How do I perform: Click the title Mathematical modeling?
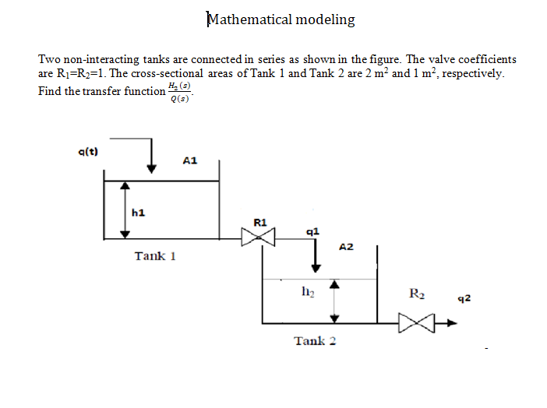(x=281, y=19)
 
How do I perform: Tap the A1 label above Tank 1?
(x=189, y=161)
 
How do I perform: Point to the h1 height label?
(x=138, y=212)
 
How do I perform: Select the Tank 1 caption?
(x=155, y=256)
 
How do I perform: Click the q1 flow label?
(x=312, y=231)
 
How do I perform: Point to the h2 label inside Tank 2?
(x=307, y=293)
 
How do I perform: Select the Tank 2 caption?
(x=315, y=341)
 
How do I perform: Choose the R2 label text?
(x=417, y=294)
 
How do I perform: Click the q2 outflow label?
(x=465, y=298)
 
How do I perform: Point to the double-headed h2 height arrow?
(x=335, y=301)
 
